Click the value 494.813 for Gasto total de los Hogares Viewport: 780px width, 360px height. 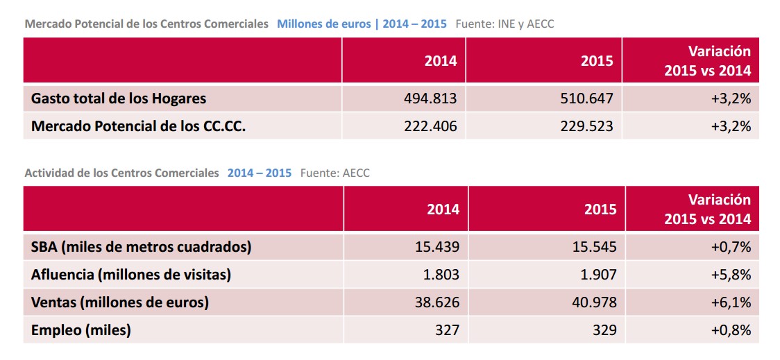(430, 98)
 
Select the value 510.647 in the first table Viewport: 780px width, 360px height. (586, 98)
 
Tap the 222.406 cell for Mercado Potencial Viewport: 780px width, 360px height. (430, 127)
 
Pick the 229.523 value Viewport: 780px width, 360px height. (586, 127)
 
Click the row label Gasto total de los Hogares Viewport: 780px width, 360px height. (119, 98)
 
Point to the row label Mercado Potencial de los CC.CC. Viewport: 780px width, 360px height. (139, 127)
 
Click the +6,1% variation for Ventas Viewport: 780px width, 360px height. (731, 302)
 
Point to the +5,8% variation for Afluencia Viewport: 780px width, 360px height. (731, 275)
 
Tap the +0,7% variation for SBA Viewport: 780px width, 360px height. (731, 246)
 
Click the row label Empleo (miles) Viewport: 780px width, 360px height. (81, 330)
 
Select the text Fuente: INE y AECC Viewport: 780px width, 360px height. (505, 24)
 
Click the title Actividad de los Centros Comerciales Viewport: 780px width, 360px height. (121, 173)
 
